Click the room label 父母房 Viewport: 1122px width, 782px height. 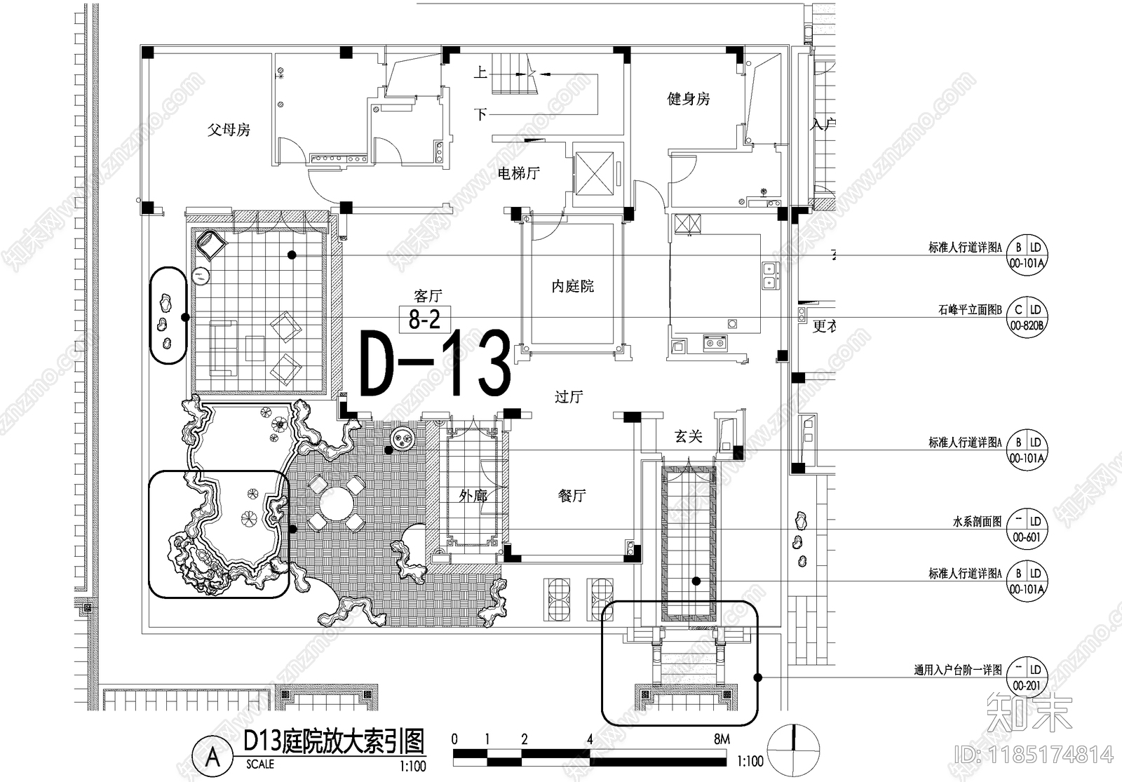click(229, 130)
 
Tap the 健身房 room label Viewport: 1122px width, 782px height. click(688, 99)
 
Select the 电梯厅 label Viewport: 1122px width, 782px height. click(518, 173)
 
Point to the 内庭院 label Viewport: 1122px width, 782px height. click(572, 286)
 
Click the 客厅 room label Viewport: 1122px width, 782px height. click(428, 296)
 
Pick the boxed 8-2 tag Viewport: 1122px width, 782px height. click(424, 320)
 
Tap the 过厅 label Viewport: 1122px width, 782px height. click(568, 397)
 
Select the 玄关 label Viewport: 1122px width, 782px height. click(688, 437)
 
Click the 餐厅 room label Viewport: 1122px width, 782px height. click(572, 495)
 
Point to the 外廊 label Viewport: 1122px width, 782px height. click(473, 495)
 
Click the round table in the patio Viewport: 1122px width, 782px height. click(337, 503)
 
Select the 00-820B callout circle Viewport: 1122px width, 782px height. click(1027, 317)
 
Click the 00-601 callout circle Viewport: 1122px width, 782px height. click(1027, 529)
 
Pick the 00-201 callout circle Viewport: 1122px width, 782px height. click(1027, 677)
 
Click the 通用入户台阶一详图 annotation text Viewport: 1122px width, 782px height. click(957, 670)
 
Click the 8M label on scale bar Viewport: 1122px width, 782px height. click(721, 739)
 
